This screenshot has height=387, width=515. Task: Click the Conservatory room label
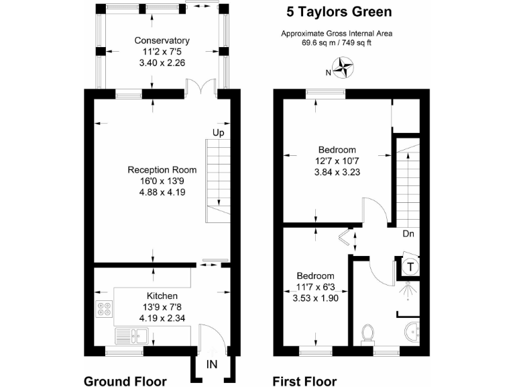(162, 40)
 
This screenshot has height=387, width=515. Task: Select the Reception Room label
(162, 170)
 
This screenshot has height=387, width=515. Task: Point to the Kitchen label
(162, 296)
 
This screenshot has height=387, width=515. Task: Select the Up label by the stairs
(218, 132)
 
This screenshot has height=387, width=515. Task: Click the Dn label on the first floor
(408, 235)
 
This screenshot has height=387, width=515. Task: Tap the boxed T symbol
(409, 267)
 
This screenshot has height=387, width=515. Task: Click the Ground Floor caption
(125, 381)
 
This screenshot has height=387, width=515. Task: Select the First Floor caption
(304, 381)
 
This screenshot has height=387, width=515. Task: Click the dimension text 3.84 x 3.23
(337, 171)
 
